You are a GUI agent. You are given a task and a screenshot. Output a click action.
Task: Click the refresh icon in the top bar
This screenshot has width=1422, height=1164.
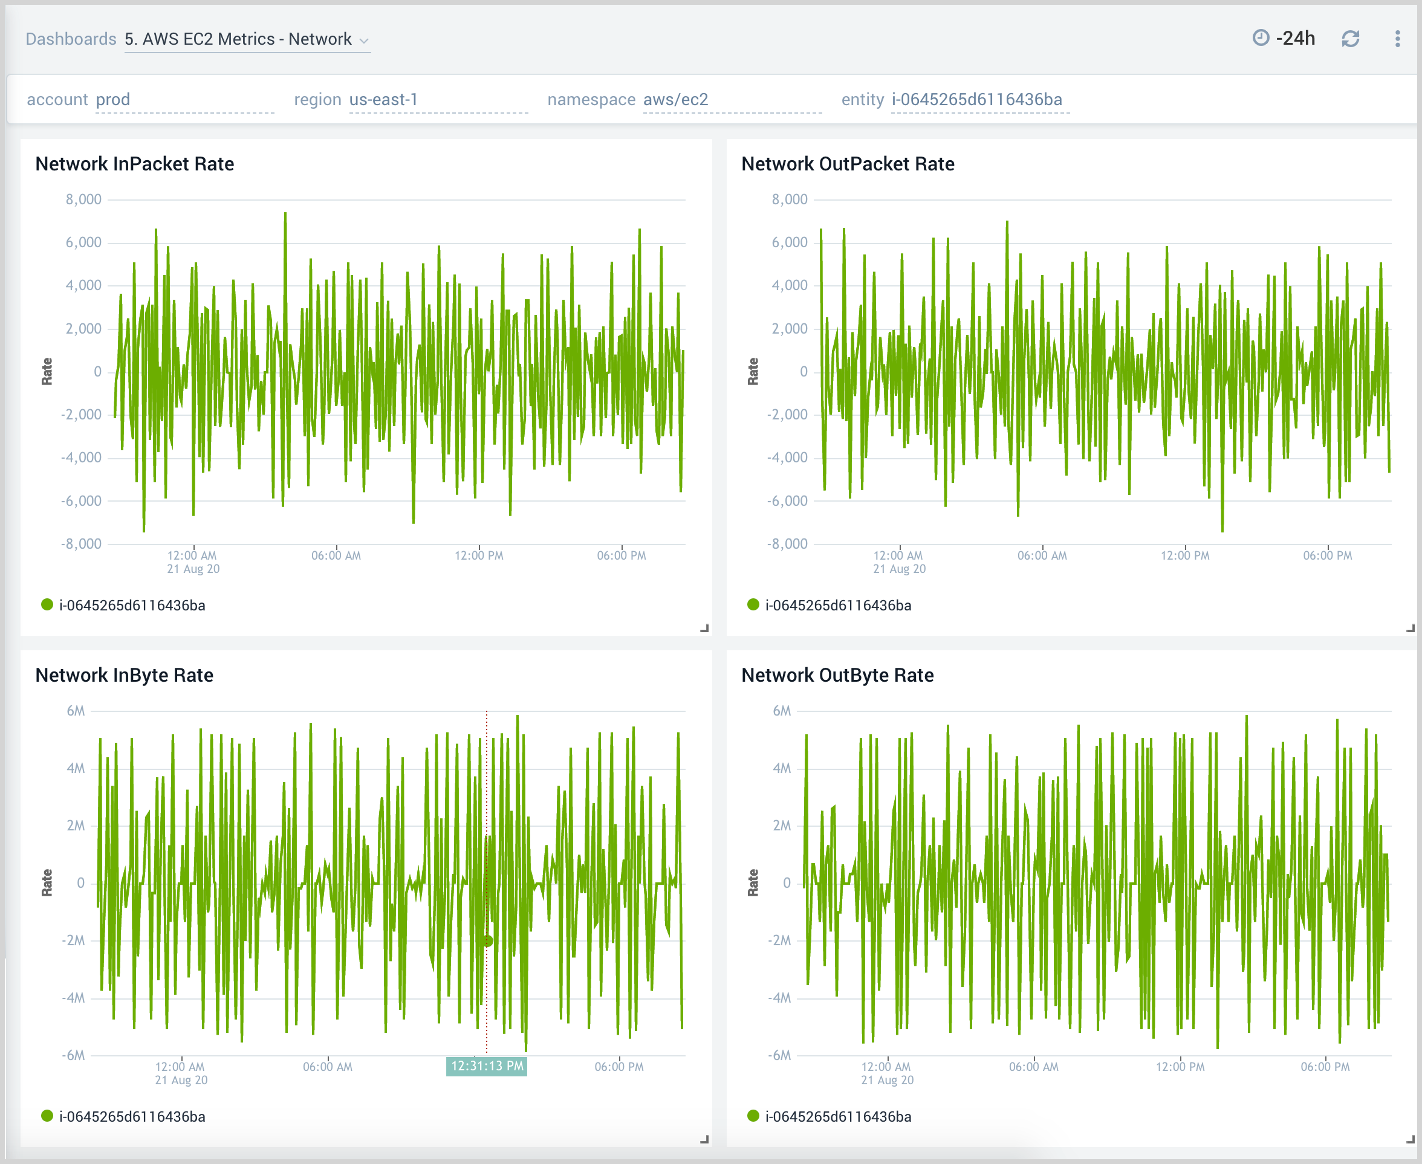click(x=1349, y=39)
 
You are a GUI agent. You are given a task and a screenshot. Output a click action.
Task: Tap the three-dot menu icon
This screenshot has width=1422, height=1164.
click(x=1397, y=39)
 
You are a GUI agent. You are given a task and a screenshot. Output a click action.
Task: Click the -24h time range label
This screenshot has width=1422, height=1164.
click(x=1294, y=38)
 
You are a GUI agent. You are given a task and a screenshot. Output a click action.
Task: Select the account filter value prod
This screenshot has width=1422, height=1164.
click(x=112, y=99)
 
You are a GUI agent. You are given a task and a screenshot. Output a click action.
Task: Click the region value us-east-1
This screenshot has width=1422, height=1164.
click(x=383, y=99)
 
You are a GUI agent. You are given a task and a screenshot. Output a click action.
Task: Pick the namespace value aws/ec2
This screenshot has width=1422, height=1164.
click(x=675, y=99)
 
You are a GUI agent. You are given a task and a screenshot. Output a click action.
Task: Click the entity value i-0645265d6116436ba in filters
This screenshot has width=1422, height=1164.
click(x=976, y=99)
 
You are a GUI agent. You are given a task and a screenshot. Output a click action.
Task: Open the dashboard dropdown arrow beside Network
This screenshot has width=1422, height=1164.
click(x=364, y=41)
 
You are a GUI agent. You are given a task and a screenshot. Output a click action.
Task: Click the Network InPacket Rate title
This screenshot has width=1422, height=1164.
click(x=134, y=164)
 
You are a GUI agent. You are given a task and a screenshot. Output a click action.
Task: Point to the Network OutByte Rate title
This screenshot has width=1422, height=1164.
click(x=837, y=674)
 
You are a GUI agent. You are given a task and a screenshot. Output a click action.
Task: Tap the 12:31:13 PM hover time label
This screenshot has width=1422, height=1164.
click(x=486, y=1065)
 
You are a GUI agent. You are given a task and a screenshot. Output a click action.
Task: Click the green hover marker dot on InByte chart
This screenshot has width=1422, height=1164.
click(x=488, y=941)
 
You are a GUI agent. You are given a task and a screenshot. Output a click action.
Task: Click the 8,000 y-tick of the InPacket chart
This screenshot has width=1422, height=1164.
click(x=84, y=199)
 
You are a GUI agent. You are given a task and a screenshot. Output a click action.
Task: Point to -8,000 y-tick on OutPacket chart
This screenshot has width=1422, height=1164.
click(x=787, y=544)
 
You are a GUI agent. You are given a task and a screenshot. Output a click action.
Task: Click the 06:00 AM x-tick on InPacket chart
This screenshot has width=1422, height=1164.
click(x=336, y=555)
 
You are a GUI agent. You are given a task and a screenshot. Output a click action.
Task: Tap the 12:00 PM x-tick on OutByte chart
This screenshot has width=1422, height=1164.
click(x=1180, y=1066)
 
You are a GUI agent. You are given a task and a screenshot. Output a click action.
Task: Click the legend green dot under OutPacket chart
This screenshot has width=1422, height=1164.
click(x=753, y=605)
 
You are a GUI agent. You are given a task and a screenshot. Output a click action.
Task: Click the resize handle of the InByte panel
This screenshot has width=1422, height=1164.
click(x=704, y=1139)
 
